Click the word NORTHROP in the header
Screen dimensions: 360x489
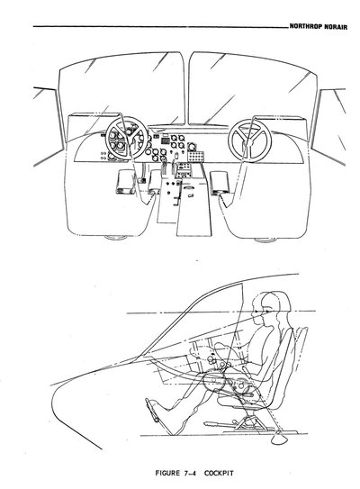(x=306, y=26)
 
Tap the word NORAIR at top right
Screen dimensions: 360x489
(x=336, y=26)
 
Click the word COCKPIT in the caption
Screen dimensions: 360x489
(x=219, y=473)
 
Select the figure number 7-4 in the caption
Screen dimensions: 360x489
(x=190, y=473)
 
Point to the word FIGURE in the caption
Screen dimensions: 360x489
(x=167, y=473)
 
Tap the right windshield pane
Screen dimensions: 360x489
(x=254, y=89)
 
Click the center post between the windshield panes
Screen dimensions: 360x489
(x=187, y=90)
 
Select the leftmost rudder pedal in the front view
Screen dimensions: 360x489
(x=125, y=182)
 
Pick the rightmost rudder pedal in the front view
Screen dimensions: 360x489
(x=220, y=183)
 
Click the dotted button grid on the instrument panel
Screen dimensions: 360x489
(x=195, y=156)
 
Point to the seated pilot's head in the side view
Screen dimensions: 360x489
(x=274, y=304)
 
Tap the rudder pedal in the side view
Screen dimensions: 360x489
(x=152, y=410)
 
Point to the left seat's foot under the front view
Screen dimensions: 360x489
(x=115, y=238)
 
